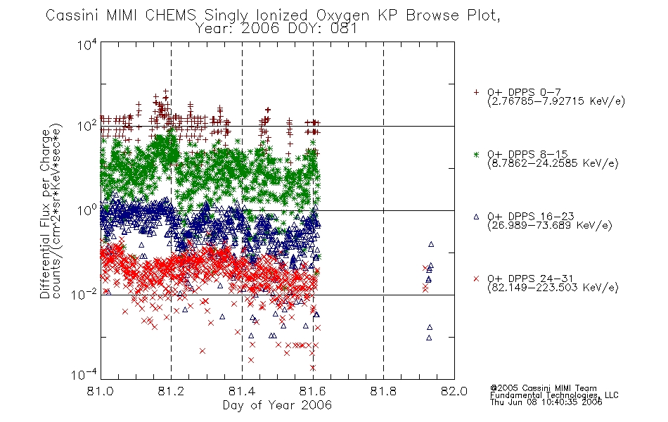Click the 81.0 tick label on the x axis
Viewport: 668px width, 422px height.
[x=101, y=391]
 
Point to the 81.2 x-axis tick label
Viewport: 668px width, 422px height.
[x=172, y=391]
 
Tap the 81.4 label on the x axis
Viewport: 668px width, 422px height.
[x=242, y=391]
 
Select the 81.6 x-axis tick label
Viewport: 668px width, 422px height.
[x=313, y=391]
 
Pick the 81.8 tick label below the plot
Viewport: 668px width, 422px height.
[x=383, y=391]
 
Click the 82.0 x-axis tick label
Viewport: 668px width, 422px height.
[x=454, y=391]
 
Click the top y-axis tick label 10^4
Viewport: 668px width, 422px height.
[x=87, y=44]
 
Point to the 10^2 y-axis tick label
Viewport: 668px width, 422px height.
[x=87, y=126]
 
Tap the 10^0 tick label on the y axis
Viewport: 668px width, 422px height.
[x=87, y=210]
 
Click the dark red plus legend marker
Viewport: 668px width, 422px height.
[x=476, y=92]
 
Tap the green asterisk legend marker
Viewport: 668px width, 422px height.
[x=476, y=154]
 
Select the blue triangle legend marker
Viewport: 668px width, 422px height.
[x=476, y=217]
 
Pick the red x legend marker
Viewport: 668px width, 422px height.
[x=476, y=279]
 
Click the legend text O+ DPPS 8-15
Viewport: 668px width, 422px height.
[x=528, y=154]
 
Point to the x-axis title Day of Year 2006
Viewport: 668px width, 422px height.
[x=277, y=405]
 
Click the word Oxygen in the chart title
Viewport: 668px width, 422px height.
[x=342, y=16]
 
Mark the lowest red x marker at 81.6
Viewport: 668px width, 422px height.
[x=313, y=367]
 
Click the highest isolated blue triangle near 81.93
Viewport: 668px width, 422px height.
[x=431, y=244]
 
